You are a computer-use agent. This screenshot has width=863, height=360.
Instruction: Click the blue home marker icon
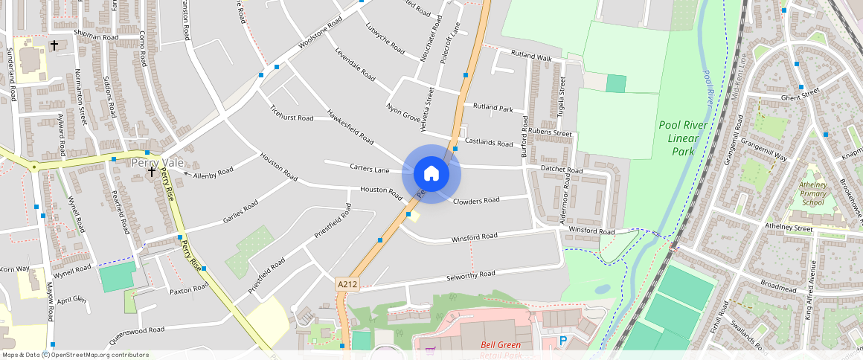click(431, 174)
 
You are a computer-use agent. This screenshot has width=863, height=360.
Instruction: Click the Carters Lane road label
click(370, 169)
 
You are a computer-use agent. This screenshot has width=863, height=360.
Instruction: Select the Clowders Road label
click(476, 200)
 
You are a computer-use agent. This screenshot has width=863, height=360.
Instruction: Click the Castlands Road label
click(489, 142)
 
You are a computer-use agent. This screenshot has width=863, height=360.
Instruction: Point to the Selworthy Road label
click(470, 275)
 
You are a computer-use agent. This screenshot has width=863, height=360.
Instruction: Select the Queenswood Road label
click(136, 330)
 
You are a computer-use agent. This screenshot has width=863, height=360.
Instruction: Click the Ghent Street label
click(800, 94)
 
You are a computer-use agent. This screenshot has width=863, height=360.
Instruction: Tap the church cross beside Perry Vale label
click(152, 172)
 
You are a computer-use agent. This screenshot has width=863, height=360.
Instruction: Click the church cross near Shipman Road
click(54, 45)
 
